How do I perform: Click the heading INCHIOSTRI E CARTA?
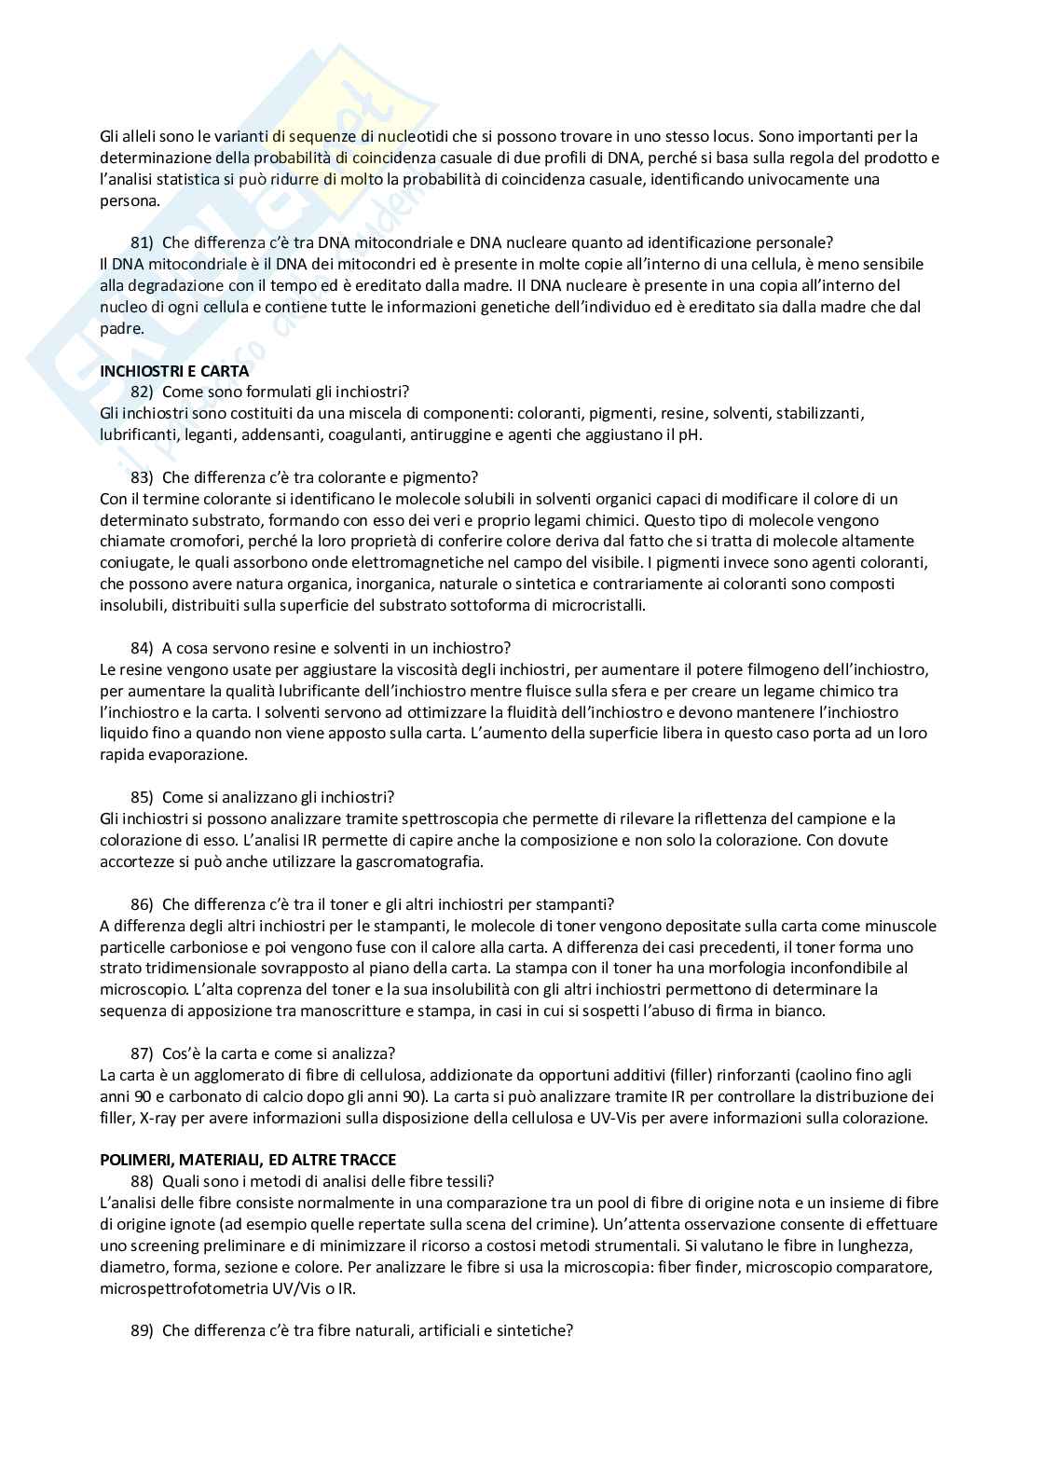click(174, 370)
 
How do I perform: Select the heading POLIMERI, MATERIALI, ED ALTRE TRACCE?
click(248, 1160)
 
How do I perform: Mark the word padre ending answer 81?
click(121, 328)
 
